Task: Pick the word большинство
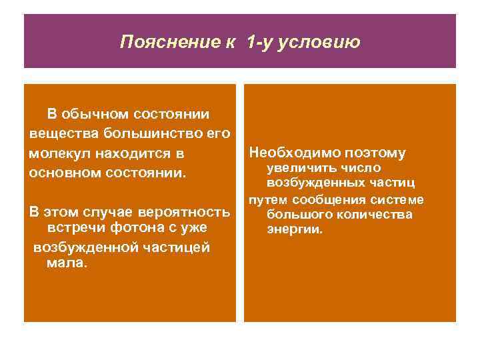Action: point(150,134)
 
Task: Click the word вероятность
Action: point(185,213)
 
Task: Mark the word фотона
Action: point(125,229)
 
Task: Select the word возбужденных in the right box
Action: point(317,183)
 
